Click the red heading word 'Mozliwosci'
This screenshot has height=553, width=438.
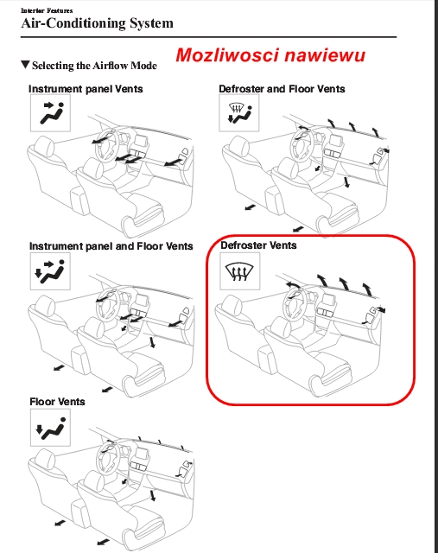[x=227, y=55]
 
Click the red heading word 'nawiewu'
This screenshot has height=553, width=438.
[x=325, y=55]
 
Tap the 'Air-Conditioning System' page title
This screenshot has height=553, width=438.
[x=97, y=23]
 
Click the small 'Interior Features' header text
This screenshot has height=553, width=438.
[x=47, y=10]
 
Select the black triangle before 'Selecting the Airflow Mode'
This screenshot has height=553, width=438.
[x=25, y=65]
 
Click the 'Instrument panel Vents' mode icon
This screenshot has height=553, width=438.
[x=50, y=113]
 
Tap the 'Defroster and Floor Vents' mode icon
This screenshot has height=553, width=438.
[x=239, y=113]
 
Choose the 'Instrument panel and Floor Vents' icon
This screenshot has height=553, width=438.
[x=50, y=271]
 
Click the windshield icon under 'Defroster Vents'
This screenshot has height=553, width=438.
[x=240, y=271]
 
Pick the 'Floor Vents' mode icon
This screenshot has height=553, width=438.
[x=50, y=428]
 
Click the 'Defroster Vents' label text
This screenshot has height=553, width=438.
[x=258, y=245]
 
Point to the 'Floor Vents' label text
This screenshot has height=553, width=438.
[x=57, y=402]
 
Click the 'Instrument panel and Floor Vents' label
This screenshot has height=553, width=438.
[x=111, y=245]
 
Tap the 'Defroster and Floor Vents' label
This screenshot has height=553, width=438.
[x=282, y=89]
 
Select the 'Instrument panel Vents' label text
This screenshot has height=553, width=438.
[x=86, y=89]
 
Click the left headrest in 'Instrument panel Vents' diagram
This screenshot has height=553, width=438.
[x=44, y=146]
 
